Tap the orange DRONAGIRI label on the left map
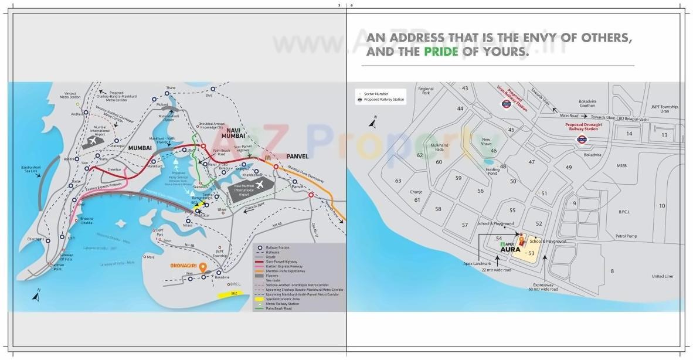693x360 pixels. [183, 265]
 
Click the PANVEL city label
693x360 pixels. [297, 156]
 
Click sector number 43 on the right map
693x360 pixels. [465, 88]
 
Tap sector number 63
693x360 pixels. [398, 181]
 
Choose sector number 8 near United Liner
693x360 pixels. [612, 270]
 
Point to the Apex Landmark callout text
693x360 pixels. [477, 263]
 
